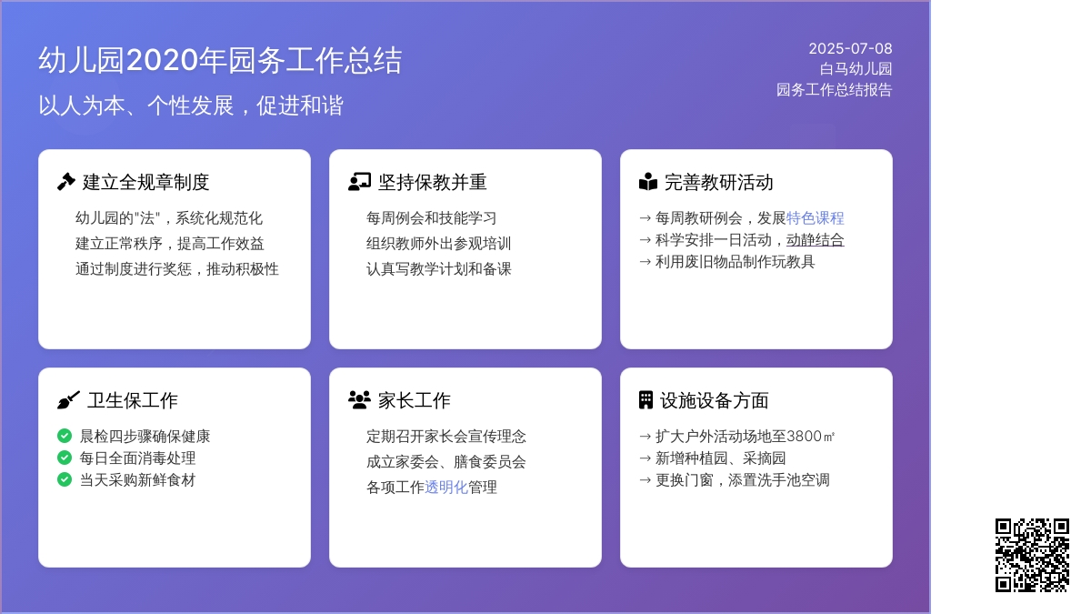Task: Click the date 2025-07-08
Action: (850, 49)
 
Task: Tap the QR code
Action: (1032, 555)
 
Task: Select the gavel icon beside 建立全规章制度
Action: (66, 182)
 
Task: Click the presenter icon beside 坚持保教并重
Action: (359, 182)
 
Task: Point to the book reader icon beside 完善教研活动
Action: (648, 182)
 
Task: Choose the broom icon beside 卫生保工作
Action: (68, 400)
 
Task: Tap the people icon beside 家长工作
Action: (359, 400)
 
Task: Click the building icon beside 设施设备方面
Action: (646, 400)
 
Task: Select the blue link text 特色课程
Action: (816, 217)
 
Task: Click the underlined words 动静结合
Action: (816, 240)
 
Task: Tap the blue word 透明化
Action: (446, 487)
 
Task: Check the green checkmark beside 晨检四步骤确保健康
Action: (65, 436)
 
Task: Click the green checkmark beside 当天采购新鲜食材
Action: (65, 479)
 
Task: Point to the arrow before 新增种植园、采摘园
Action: (646, 458)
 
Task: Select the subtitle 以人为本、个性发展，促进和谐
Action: (191, 106)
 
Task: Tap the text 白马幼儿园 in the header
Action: (856, 69)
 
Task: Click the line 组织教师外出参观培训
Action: (439, 243)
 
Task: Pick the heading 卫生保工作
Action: (133, 400)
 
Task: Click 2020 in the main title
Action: (163, 60)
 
